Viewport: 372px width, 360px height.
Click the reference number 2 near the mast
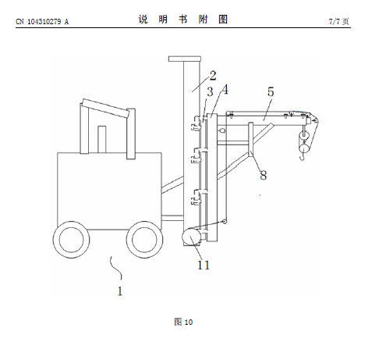pos(213,76)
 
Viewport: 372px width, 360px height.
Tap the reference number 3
pos(210,91)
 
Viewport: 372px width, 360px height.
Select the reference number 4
pos(225,90)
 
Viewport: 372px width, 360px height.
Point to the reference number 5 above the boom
pos(271,91)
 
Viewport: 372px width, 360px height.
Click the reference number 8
pos(264,175)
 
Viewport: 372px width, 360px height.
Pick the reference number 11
pos(204,265)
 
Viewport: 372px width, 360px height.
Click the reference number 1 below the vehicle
pos(120,291)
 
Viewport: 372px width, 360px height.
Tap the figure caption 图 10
pos(183,322)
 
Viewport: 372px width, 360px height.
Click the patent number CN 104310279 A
pos(42,21)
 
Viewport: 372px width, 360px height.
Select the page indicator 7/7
pos(335,21)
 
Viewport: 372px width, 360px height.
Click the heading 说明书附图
pos(183,20)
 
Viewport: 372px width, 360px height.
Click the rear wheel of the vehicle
pos(72,240)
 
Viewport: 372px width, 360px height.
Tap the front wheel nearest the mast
pos(144,240)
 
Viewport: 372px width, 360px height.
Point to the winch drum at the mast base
pos(192,236)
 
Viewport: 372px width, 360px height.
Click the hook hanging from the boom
pos(302,157)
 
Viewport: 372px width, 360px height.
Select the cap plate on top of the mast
pos(185,59)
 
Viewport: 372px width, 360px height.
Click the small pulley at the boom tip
pos(315,120)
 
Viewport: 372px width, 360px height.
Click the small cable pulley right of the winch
pos(224,222)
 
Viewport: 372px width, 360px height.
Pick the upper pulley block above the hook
pos(303,136)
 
